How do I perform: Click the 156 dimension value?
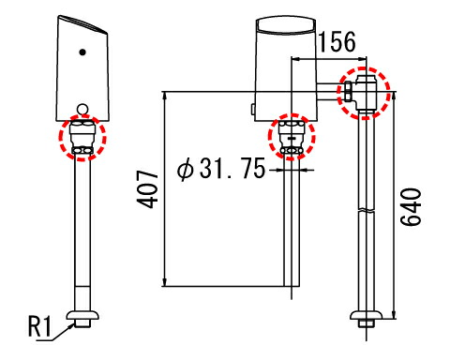pyautogui.click(x=337, y=41)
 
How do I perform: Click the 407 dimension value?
pyautogui.click(x=147, y=189)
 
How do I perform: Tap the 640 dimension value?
pyautogui.click(x=411, y=206)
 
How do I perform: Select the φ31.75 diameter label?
pyautogui.click(x=221, y=169)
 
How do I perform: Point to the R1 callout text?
pyautogui.click(x=39, y=326)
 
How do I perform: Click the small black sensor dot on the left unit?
pyautogui.click(x=82, y=52)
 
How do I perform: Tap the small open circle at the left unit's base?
pyautogui.click(x=82, y=110)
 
